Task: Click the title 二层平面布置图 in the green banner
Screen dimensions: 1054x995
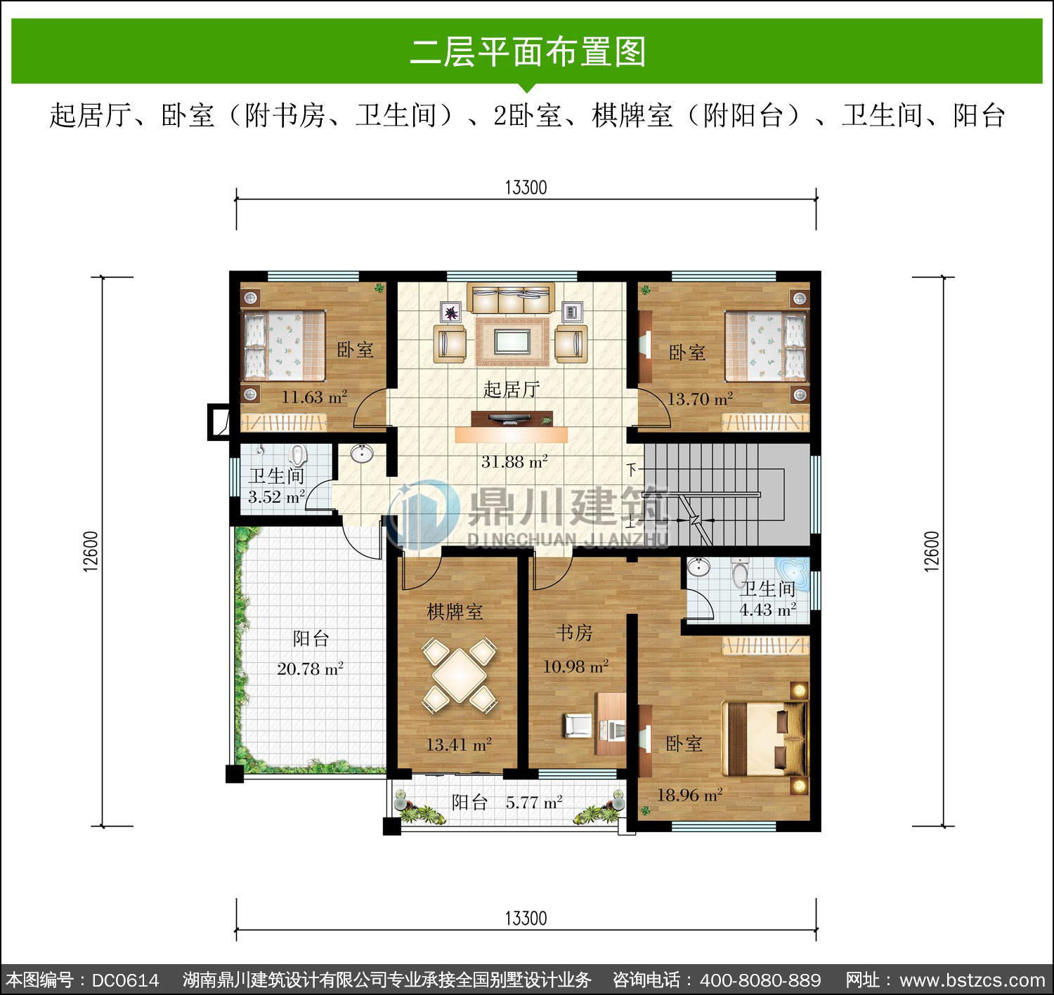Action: [528, 52]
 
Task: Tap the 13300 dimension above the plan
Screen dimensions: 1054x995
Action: [526, 187]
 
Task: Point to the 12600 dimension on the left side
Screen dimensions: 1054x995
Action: [91, 551]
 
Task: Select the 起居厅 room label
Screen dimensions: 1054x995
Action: [511, 389]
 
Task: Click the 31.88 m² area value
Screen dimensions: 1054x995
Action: [514, 461]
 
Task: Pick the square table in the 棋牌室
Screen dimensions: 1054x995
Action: [460, 676]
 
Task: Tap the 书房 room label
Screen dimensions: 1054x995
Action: [574, 633]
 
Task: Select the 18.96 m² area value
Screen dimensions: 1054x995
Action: [689, 795]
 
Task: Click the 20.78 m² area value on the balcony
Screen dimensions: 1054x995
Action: [310, 668]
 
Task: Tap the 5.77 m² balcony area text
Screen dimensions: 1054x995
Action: [534, 803]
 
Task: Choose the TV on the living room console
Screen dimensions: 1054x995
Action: [511, 419]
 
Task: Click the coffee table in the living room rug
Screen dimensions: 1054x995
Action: [512, 341]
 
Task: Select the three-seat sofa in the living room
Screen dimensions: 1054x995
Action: [511, 298]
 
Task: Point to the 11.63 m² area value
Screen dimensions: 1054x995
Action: [314, 397]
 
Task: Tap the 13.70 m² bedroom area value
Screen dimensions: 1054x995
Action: [700, 398]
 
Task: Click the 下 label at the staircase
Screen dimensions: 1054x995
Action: [631, 469]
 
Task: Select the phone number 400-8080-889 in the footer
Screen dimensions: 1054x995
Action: [760, 980]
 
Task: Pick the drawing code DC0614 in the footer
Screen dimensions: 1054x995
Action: [125, 980]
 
